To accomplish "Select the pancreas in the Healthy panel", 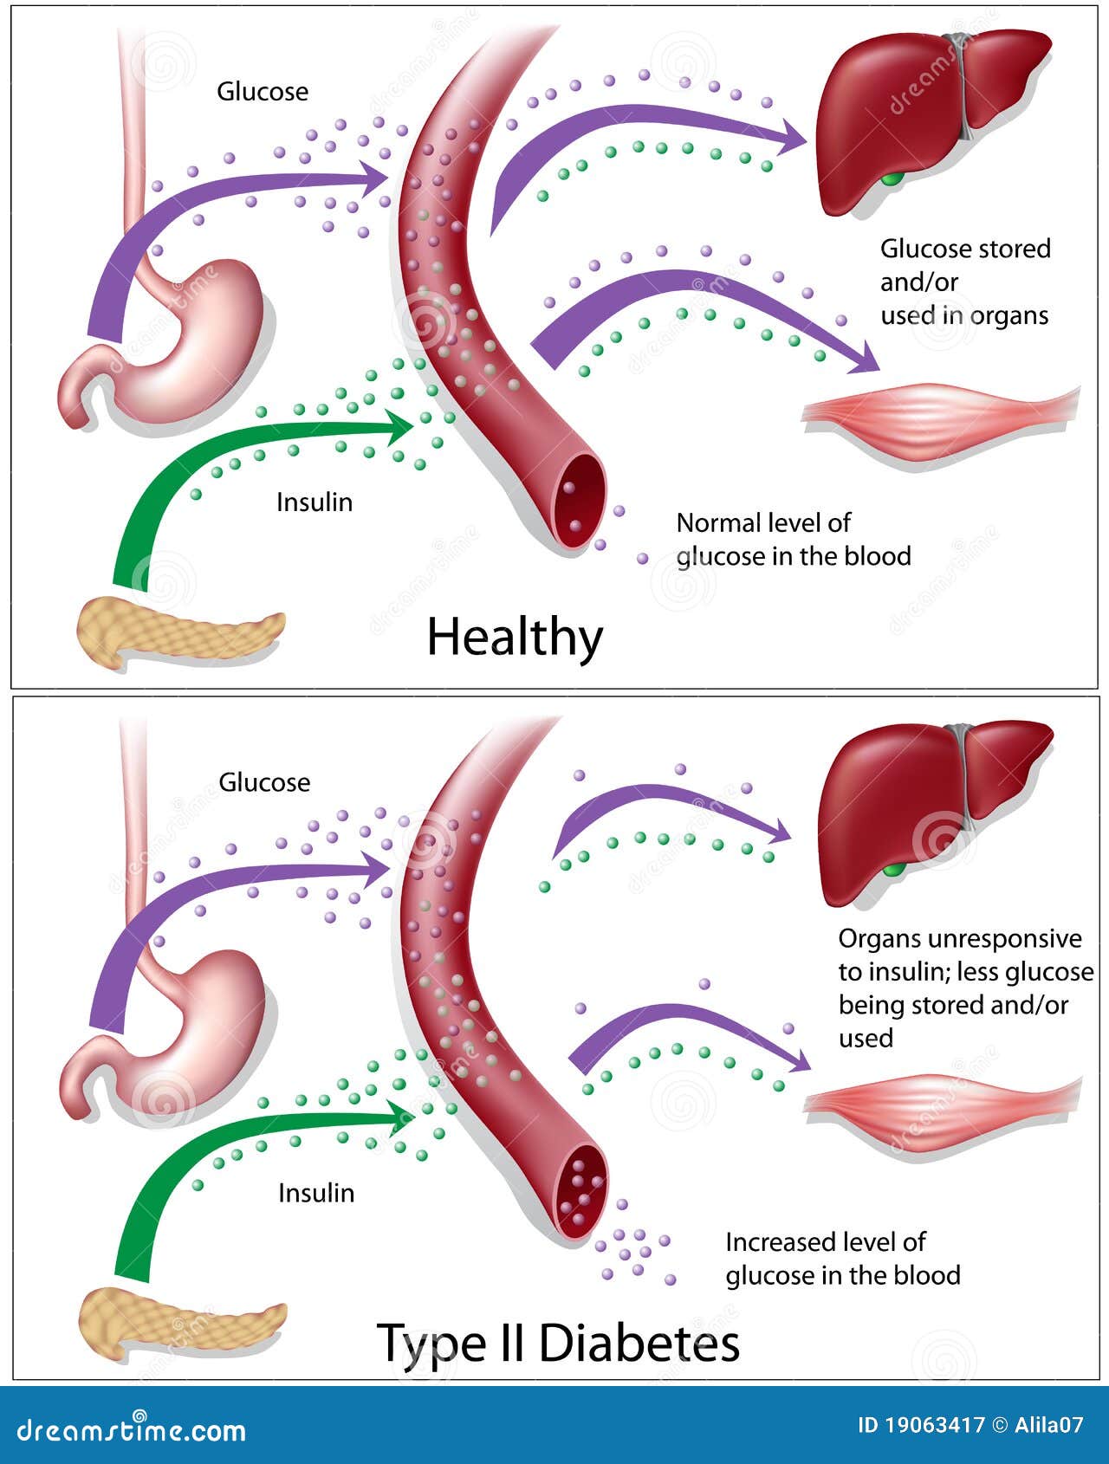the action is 178,632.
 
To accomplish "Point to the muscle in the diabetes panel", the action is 942,1113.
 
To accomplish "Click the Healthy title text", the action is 515,638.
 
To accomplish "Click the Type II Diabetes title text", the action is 559,1344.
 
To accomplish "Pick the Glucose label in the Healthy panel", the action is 263,91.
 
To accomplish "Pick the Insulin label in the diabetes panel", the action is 316,1193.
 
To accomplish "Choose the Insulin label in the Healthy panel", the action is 315,502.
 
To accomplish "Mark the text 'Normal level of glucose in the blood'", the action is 794,540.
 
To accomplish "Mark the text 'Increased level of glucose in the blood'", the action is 843,1259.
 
